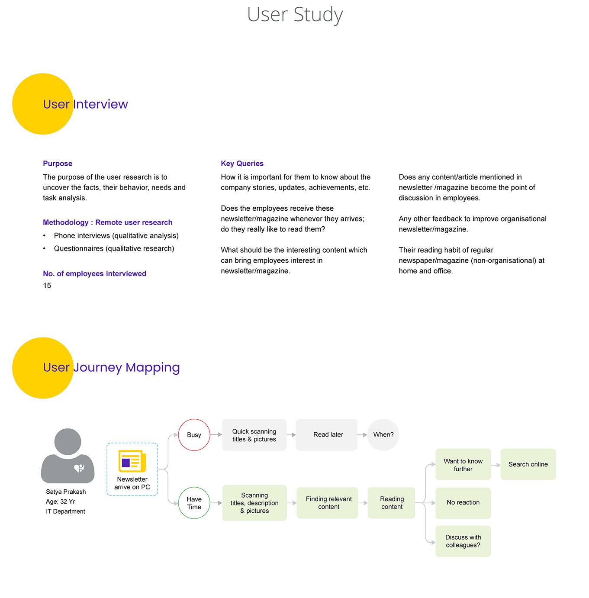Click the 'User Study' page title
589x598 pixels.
pos(295,15)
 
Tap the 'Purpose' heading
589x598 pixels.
pos(58,164)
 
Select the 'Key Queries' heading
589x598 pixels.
pos(242,164)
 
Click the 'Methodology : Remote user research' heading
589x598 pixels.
pos(107,222)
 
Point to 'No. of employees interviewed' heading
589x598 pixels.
pos(94,273)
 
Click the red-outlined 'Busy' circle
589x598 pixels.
pos(194,435)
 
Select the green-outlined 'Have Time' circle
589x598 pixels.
pos(194,503)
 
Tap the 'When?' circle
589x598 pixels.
pos(383,435)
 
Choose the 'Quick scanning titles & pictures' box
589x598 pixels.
pos(254,435)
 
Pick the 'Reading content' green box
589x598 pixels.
pos(391,503)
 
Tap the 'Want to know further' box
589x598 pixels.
pos(463,464)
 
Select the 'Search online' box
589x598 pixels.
pos(528,464)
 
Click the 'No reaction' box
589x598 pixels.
pos(463,503)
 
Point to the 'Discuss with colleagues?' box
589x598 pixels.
pos(463,541)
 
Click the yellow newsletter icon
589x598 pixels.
pos(132,461)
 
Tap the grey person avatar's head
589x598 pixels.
pos(68,441)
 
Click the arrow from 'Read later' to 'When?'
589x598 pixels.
pos(362,435)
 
